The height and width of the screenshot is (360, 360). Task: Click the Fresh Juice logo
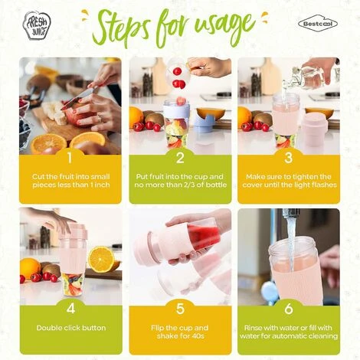pyautogui.click(x=37, y=25)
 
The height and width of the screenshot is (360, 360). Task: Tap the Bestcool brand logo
pyautogui.click(x=318, y=24)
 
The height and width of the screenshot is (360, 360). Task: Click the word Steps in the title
pyautogui.click(x=121, y=31)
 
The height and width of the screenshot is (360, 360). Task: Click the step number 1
pyautogui.click(x=70, y=158)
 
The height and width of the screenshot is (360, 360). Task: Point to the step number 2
pyautogui.click(x=180, y=158)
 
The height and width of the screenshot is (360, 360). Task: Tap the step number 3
pyautogui.click(x=289, y=158)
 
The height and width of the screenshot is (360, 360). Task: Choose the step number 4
pyautogui.click(x=70, y=308)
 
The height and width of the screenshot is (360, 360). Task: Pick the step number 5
pyautogui.click(x=180, y=309)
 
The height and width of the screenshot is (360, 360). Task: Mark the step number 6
pyautogui.click(x=289, y=309)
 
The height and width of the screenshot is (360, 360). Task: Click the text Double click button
pyautogui.click(x=71, y=328)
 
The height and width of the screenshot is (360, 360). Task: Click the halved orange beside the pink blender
pyautogui.click(x=101, y=260)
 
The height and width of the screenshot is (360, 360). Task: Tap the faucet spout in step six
pyautogui.click(x=290, y=213)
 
